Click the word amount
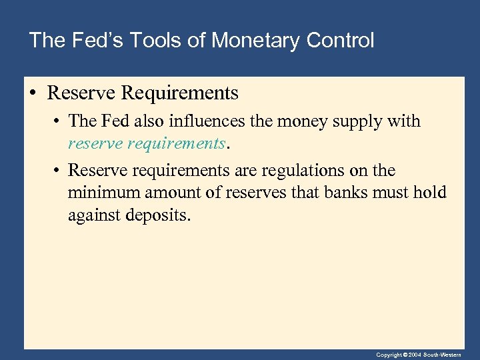point(161,193)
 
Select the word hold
point(431,193)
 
